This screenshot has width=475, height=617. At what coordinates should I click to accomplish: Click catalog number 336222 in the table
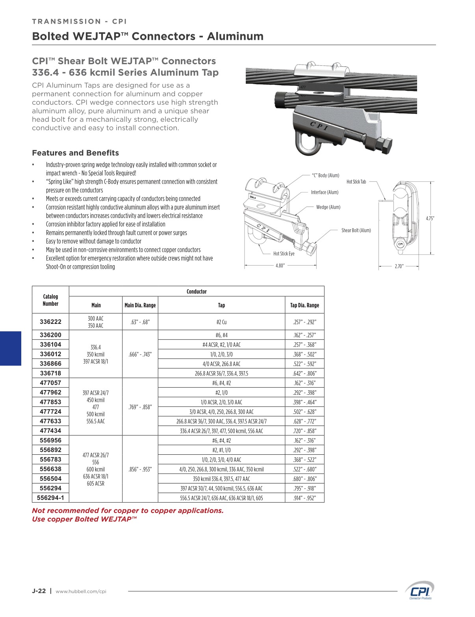(50, 322)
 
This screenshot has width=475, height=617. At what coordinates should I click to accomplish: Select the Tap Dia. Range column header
(304, 305)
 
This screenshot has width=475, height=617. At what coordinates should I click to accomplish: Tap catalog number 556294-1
(50, 498)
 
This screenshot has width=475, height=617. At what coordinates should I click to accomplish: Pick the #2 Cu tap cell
(221, 322)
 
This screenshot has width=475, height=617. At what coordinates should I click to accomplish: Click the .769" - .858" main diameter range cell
(140, 407)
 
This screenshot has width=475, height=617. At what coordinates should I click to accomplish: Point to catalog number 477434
(50, 431)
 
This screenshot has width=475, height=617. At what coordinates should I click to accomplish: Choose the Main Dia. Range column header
(140, 305)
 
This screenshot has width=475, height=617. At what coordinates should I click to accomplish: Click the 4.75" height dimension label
(430, 218)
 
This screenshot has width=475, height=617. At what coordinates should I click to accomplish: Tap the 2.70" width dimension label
(399, 266)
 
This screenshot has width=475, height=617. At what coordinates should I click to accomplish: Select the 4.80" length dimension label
(280, 266)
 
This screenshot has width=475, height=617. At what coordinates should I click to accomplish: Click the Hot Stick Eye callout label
(284, 254)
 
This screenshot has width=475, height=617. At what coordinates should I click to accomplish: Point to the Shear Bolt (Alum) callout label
(356, 230)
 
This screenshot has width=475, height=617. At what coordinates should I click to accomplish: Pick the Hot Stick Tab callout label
(356, 182)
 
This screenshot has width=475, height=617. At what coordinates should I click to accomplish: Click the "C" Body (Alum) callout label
(325, 175)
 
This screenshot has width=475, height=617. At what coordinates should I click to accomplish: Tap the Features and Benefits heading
(75, 153)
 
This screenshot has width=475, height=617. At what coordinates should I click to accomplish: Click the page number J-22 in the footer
(39, 591)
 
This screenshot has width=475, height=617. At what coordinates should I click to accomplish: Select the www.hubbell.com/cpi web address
(81, 591)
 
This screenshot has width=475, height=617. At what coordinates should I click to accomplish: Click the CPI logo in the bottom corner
(420, 591)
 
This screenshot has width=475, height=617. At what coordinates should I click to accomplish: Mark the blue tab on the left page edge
(10, 349)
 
